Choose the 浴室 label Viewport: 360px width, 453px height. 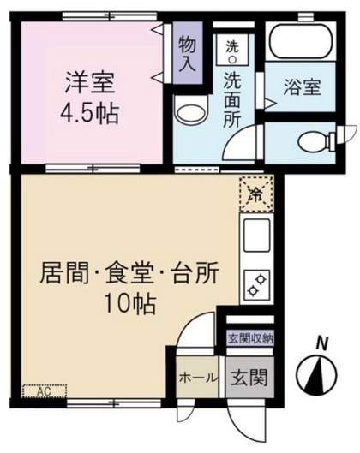pyautogui.click(x=303, y=86)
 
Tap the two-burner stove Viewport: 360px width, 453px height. pyautogui.click(x=255, y=283)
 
